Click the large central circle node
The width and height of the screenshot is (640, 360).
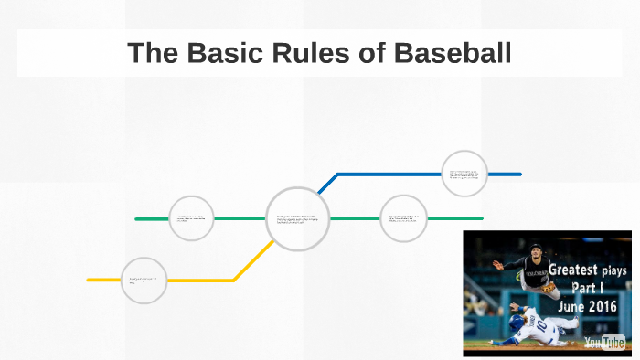coord(297,218)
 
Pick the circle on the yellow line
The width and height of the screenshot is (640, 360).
coord(144,280)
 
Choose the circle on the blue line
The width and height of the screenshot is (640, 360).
coord(464,174)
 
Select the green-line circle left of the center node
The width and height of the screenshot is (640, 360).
coord(192,218)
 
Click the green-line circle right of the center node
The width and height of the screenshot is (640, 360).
coord(403,218)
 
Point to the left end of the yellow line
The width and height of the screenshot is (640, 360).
coord(90,280)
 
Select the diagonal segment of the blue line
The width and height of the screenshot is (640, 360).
coord(327,184)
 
